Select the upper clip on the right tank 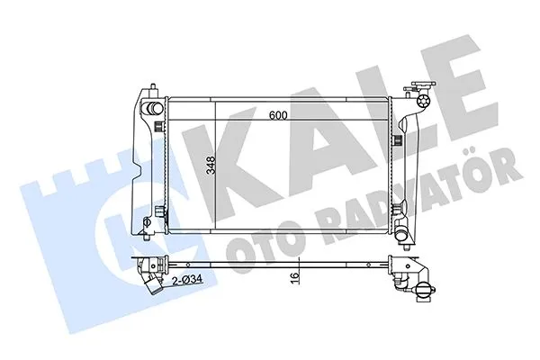coord(400,126)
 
